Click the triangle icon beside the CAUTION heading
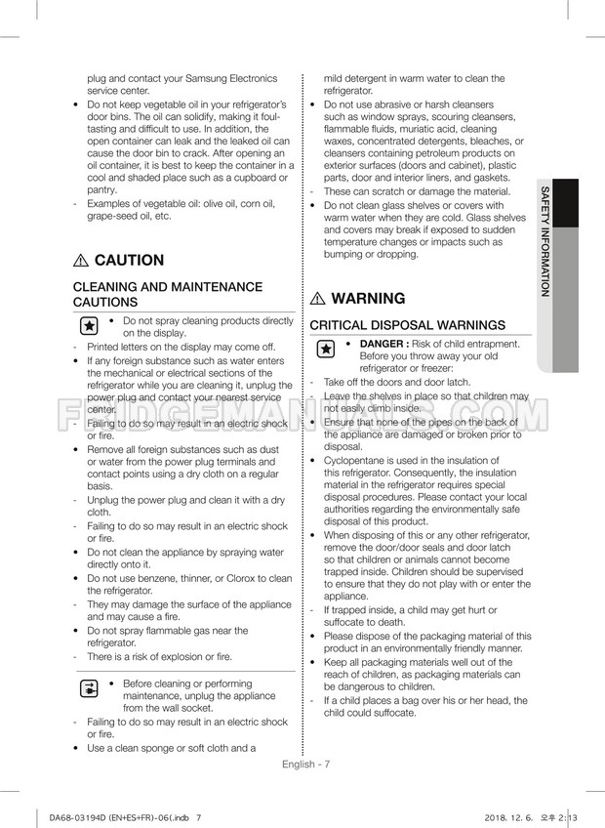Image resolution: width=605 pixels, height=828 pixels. click(80, 261)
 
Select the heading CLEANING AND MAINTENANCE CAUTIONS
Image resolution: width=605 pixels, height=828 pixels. click(169, 295)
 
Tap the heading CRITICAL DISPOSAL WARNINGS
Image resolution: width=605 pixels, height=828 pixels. click(408, 325)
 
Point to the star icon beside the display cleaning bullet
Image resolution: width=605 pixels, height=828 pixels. click(88, 326)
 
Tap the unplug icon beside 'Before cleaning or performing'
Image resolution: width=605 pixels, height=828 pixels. click(88, 690)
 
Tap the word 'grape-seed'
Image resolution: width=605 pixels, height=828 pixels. click(114, 216)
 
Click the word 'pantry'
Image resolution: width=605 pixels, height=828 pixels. click(101, 190)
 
